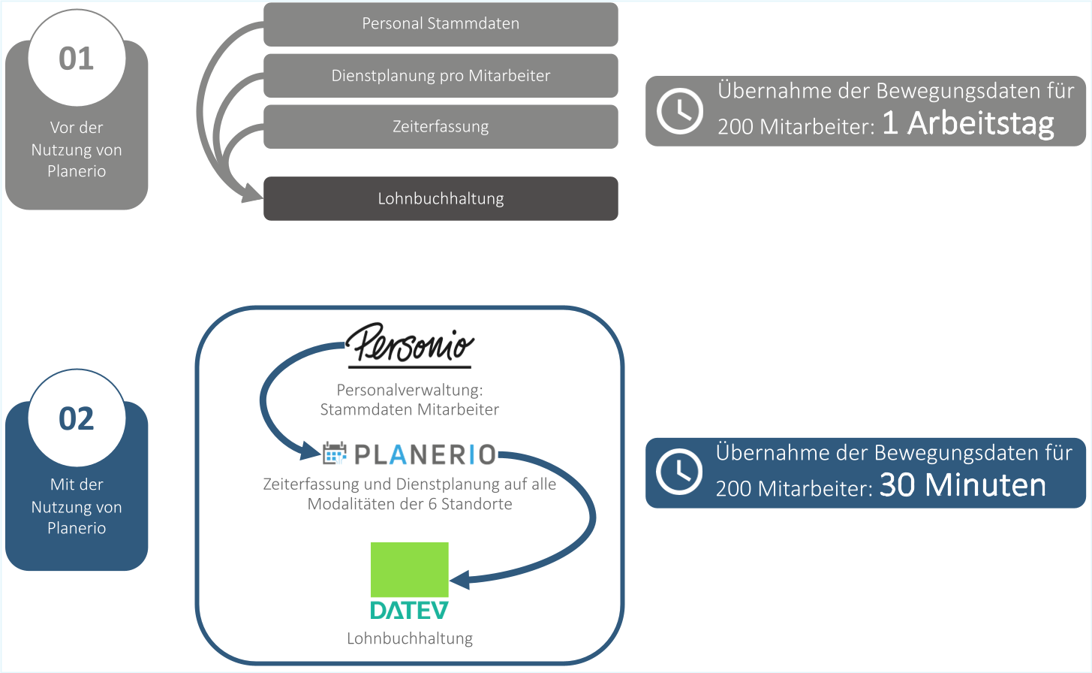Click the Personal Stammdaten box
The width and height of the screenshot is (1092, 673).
441,24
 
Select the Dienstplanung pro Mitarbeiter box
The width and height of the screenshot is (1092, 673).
441,76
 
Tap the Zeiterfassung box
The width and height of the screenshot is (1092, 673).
441,127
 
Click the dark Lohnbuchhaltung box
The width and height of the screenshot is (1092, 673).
441,199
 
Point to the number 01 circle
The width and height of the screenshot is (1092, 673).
77,59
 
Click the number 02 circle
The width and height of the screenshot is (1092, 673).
77,418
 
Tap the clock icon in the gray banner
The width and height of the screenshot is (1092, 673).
679,111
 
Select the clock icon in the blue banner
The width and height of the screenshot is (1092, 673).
679,472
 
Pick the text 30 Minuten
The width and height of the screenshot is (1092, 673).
962,486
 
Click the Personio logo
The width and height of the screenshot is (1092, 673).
410,346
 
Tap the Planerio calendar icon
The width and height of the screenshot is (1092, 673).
335,454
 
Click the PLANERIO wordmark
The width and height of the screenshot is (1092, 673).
425,454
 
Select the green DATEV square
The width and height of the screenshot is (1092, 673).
410,569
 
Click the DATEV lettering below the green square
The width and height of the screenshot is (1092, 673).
410,610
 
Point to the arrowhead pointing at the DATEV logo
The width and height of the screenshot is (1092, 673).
459,579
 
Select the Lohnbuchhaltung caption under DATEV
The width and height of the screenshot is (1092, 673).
410,638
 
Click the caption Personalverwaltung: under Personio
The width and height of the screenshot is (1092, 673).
410,390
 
